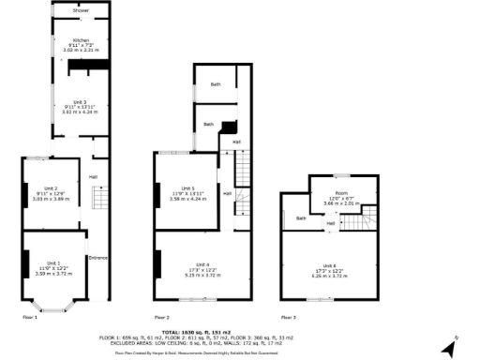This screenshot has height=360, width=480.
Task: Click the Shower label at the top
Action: coord(66,11)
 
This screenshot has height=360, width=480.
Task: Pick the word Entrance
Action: coord(97,258)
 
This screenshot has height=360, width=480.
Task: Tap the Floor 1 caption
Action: coord(31,317)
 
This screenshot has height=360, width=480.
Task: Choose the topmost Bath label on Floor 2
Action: coord(216,85)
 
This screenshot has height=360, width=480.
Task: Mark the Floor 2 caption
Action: coord(161,317)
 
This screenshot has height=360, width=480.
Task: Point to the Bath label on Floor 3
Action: coord(301,218)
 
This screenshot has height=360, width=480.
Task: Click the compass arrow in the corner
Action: coord(449,347)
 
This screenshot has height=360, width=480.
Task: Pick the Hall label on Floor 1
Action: coord(94,176)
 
